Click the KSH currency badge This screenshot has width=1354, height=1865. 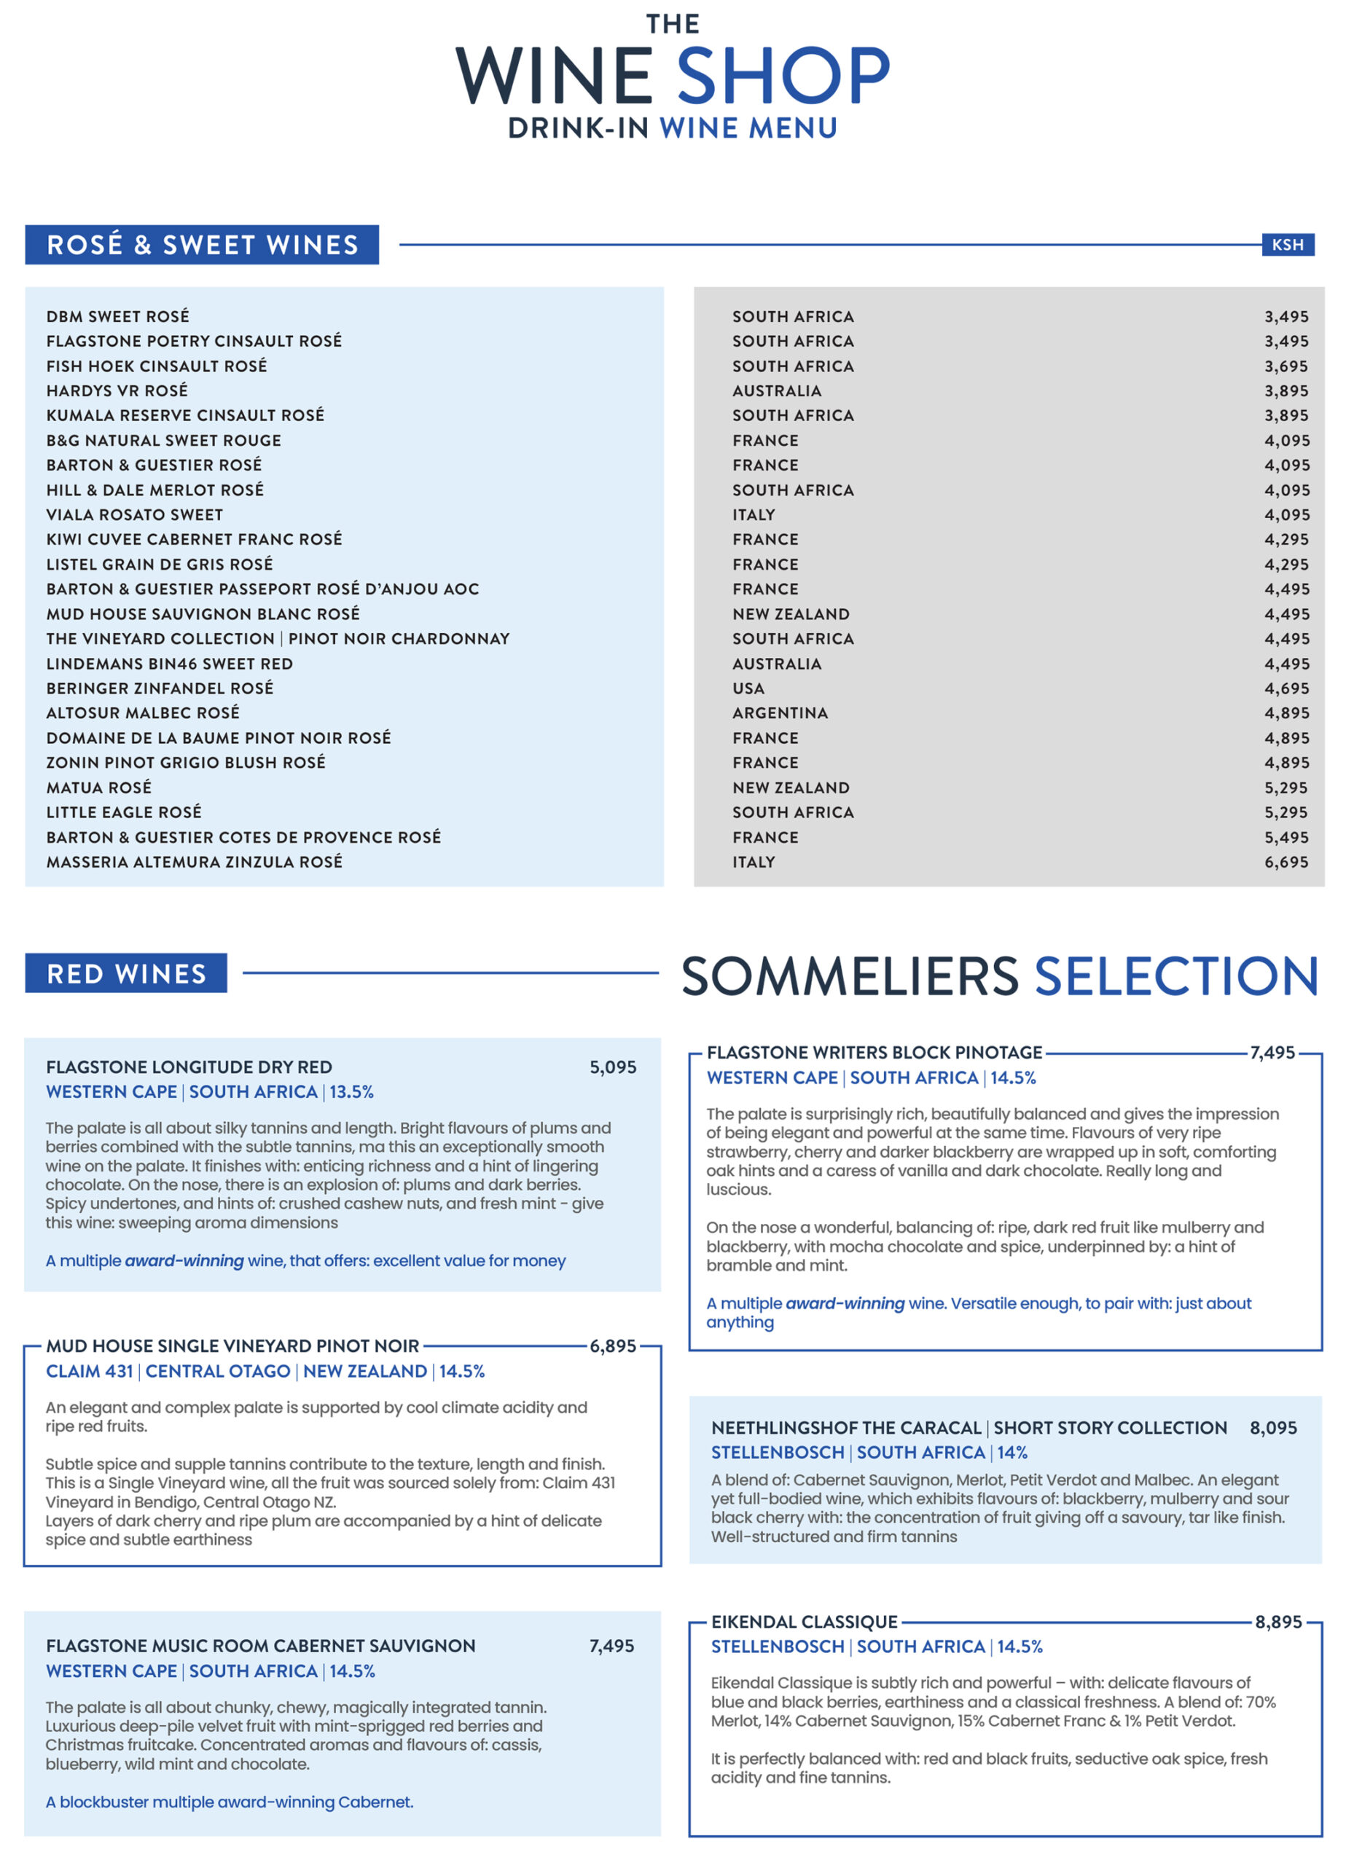1288,244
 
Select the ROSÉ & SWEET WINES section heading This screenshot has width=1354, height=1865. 203,244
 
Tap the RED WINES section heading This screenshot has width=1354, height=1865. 126,973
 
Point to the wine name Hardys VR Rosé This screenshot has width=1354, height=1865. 117,390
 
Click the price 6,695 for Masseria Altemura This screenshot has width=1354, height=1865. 1285,862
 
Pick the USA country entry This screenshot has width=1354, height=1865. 748,688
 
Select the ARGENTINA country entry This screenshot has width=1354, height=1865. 780,713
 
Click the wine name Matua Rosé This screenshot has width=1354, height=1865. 98,788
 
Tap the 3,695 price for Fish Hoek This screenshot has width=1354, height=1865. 1285,366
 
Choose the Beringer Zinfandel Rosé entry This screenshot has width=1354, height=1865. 160,688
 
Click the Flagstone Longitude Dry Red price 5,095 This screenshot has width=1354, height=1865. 613,1067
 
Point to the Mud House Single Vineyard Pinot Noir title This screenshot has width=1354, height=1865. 232,1346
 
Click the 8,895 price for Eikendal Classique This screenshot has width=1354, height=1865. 1278,1622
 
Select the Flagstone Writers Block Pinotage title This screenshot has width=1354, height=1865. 874,1053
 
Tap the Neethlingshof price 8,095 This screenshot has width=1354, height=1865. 1273,1429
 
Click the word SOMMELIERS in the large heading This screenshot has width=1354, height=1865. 850,976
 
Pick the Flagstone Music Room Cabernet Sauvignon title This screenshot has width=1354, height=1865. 261,1646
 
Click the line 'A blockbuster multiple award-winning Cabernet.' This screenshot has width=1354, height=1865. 230,1802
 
